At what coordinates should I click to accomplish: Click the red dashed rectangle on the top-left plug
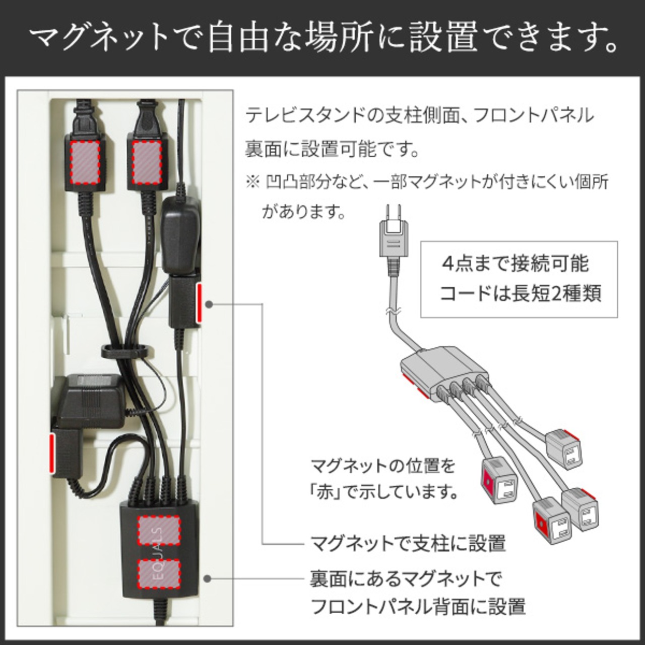coord(85,163)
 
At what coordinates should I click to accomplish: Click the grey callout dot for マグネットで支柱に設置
coord(210,304)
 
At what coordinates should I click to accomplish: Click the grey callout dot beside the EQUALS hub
coord(209,578)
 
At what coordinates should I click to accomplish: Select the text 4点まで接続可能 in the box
coord(515,264)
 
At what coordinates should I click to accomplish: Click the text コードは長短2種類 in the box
coord(521,293)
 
